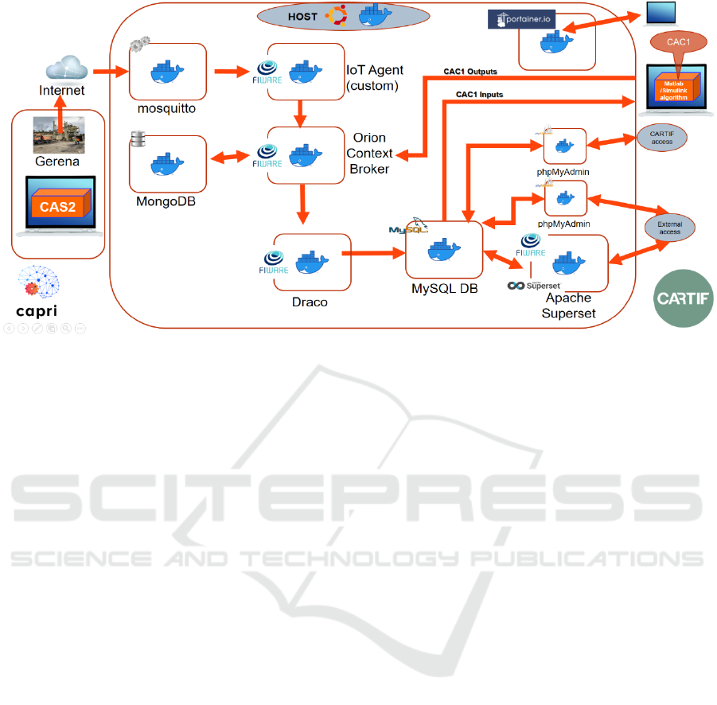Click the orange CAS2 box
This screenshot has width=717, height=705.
click(59, 206)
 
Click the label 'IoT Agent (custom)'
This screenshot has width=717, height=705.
click(372, 76)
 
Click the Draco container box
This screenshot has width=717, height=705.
click(312, 262)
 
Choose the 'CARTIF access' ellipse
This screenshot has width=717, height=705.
click(661, 138)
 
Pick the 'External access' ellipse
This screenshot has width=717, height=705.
click(669, 227)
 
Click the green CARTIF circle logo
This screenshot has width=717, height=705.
click(684, 298)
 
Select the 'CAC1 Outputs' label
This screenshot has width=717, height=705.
click(470, 71)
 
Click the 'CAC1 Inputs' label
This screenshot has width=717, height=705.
click(479, 95)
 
